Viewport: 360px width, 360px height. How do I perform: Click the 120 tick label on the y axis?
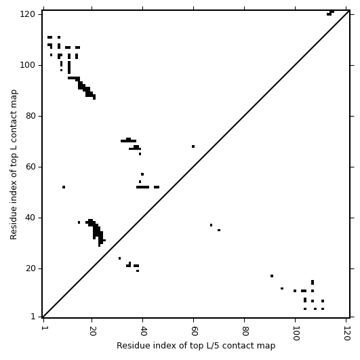coord(27,14)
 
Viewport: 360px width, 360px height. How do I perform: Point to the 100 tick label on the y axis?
coord(27,65)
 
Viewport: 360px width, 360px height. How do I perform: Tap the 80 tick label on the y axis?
coord(30,116)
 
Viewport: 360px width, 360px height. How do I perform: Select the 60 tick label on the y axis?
coord(30,167)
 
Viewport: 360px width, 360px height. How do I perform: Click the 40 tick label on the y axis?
coord(30,218)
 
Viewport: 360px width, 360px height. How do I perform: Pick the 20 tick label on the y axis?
coord(30,268)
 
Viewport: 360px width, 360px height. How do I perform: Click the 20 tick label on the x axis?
coord(92,331)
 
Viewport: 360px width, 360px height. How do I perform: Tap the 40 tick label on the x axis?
coord(143,331)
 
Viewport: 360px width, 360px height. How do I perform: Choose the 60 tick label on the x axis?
coord(194,331)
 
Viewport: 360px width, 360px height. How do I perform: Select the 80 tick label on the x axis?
coord(245,331)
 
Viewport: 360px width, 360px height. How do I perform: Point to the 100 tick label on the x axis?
coord(296,334)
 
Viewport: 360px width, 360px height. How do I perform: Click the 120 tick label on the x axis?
coord(346,334)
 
